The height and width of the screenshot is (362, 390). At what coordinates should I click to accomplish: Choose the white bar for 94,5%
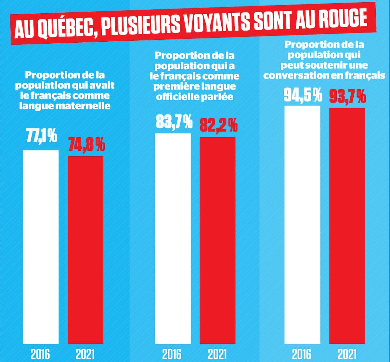coord(302,225)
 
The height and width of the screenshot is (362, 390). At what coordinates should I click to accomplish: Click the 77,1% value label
coord(41,137)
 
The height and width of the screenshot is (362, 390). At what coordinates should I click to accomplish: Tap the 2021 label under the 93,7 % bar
coord(347,354)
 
